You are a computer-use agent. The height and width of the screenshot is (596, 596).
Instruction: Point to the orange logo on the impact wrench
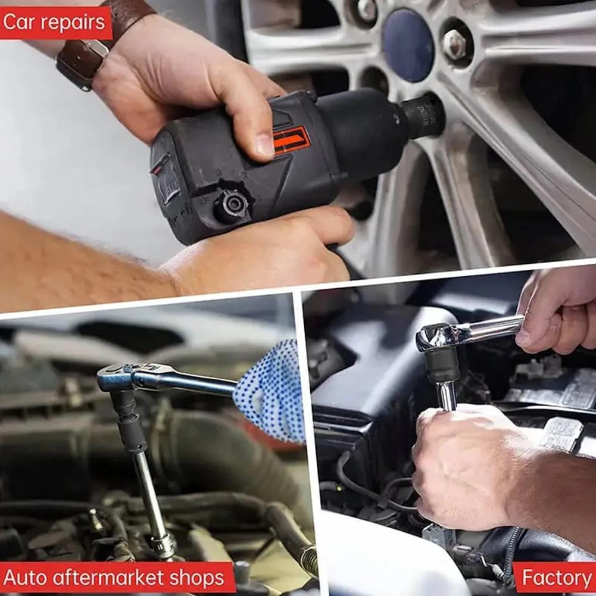[292, 141]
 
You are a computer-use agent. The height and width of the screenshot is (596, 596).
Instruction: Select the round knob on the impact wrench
[232, 206]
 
